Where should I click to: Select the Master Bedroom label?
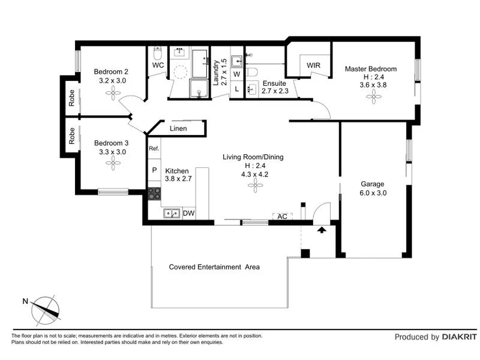[370, 69]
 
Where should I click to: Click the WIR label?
[313, 65]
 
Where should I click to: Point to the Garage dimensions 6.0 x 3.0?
[373, 193]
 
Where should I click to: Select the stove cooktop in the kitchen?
[154, 193]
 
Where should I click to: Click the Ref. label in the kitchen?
[154, 148]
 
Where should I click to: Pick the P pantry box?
[154, 170]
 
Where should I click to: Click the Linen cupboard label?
[178, 128]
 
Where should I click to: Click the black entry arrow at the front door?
[322, 229]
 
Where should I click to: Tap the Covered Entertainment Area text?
[214, 267]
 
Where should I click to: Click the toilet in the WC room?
[158, 52]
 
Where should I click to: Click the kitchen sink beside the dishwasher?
[170, 213]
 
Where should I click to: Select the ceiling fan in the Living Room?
[256, 186]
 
